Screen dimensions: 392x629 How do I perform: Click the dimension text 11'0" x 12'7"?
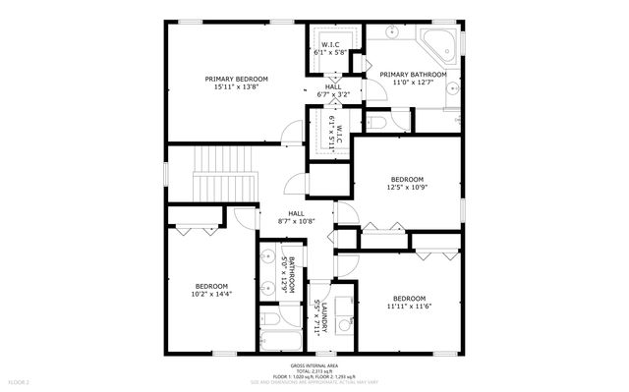413,83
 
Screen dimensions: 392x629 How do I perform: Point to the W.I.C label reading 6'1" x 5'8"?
331,49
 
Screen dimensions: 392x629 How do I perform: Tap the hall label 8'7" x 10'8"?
296,217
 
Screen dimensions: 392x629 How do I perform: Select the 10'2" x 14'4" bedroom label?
211,289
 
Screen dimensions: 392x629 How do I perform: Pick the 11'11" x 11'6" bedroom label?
409,304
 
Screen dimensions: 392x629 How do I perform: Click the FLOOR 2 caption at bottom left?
21,381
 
